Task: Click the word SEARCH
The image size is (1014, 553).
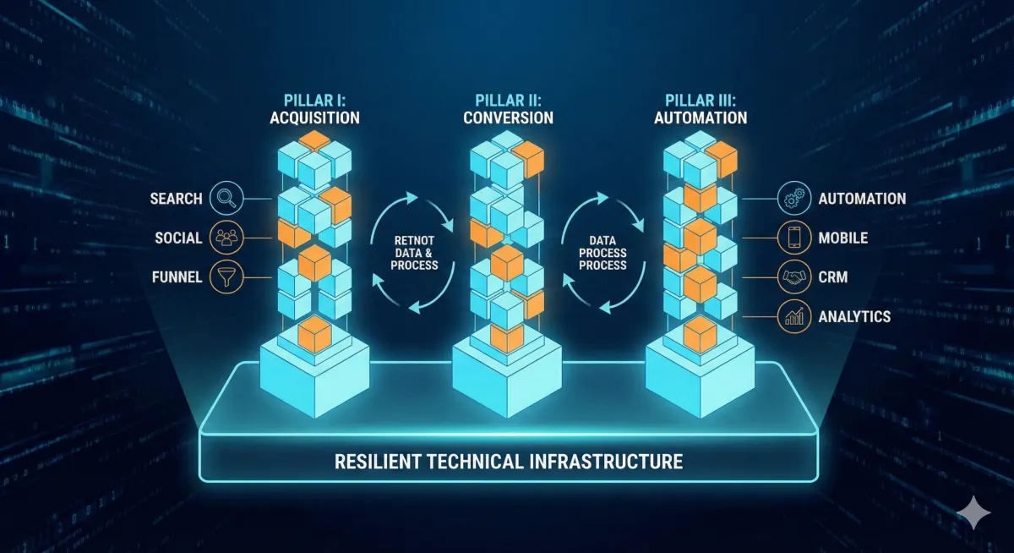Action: click(176, 199)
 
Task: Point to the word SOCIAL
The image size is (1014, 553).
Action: click(178, 238)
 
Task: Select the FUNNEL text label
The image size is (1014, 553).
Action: click(176, 276)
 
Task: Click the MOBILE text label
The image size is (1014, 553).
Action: click(842, 238)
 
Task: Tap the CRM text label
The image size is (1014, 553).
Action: click(833, 276)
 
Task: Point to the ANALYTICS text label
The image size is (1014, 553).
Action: click(854, 316)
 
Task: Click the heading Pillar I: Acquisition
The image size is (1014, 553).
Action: click(314, 108)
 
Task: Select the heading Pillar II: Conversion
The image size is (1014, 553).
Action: click(508, 108)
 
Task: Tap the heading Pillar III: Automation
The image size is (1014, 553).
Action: click(701, 108)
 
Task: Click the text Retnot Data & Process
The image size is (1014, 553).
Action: click(414, 253)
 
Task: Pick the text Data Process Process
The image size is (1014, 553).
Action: click(602, 253)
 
